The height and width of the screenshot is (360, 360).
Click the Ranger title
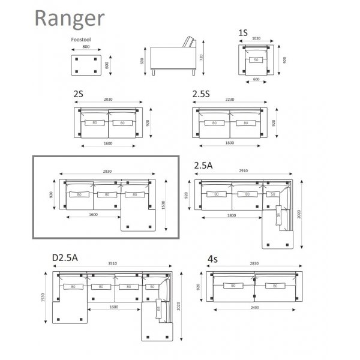pyautogui.click(x=70, y=18)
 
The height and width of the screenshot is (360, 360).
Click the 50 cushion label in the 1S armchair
pyautogui.click(x=256, y=59)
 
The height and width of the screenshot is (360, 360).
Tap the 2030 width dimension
pyautogui.click(x=107, y=100)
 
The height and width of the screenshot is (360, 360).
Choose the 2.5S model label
pyautogui.click(x=201, y=94)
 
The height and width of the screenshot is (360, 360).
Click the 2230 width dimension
pyautogui.click(x=230, y=100)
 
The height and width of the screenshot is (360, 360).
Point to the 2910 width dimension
pyautogui.click(x=243, y=172)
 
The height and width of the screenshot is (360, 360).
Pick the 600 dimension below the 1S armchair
pyautogui.click(x=256, y=79)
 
